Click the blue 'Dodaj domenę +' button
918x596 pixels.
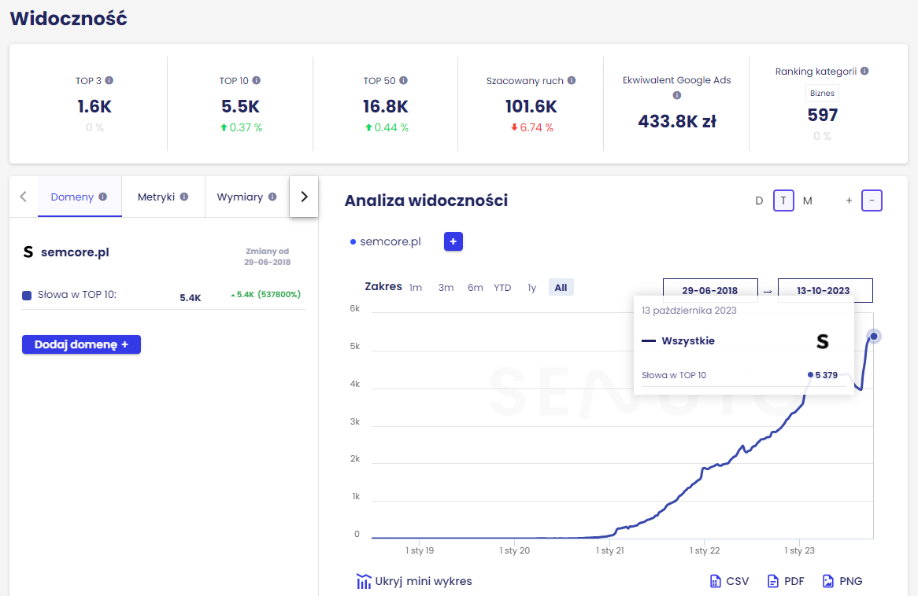[x=81, y=344]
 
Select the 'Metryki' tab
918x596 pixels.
[x=163, y=197]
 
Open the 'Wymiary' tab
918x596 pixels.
[x=246, y=197]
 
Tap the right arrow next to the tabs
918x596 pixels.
[x=304, y=197]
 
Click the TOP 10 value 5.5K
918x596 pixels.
[x=241, y=106]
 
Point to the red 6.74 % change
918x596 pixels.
[x=532, y=127]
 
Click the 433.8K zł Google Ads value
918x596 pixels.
[x=677, y=121]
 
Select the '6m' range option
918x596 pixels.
[x=476, y=288]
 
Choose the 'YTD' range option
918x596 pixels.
[x=502, y=288]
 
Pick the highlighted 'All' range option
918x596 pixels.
[x=561, y=288]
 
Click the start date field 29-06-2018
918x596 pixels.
[x=710, y=290]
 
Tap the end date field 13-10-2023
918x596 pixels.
[x=825, y=290]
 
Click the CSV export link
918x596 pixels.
[x=730, y=581]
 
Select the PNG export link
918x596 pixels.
[x=842, y=581]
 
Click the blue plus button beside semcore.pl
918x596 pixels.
[x=453, y=241]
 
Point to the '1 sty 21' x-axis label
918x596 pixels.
[x=610, y=550]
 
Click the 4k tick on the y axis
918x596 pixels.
[x=355, y=384]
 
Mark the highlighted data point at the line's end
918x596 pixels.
[x=874, y=337]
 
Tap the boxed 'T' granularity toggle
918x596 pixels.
[x=783, y=201]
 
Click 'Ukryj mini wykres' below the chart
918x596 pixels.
[x=414, y=581]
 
